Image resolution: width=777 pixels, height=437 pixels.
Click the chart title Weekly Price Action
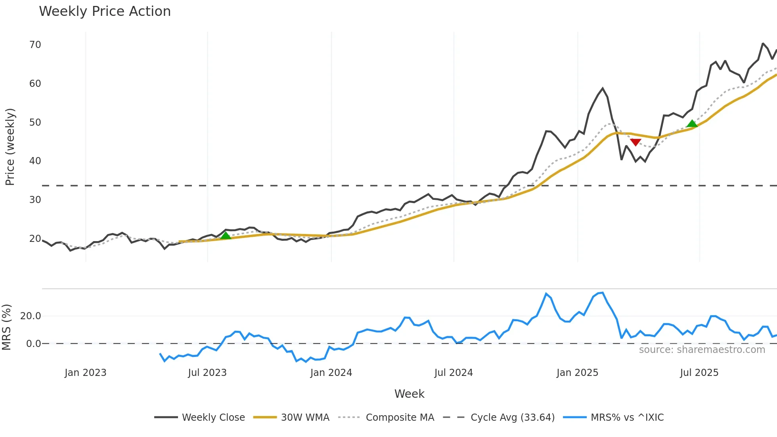click(x=105, y=11)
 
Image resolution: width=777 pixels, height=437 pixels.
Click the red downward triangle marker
click(x=635, y=142)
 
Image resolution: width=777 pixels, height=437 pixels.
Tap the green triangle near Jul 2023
click(x=226, y=236)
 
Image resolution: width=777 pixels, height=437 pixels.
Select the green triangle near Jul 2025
click(x=692, y=124)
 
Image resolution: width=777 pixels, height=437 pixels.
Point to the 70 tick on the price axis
click(x=35, y=45)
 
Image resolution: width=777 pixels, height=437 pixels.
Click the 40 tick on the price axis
click(x=35, y=161)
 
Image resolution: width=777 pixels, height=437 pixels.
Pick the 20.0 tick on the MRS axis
click(x=31, y=316)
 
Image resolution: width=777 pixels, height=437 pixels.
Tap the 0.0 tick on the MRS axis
click(x=33, y=344)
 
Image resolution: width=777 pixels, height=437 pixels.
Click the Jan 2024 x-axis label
click(x=331, y=373)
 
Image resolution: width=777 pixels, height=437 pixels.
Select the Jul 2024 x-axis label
click(x=454, y=373)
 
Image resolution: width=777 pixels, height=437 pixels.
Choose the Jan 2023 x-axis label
click(x=86, y=373)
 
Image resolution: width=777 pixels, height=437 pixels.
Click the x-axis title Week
click(x=409, y=394)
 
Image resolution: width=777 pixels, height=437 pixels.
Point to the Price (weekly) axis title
click(x=10, y=147)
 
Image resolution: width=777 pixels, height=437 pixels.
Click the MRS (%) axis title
click(x=7, y=327)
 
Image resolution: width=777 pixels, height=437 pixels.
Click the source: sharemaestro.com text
click(x=702, y=350)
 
